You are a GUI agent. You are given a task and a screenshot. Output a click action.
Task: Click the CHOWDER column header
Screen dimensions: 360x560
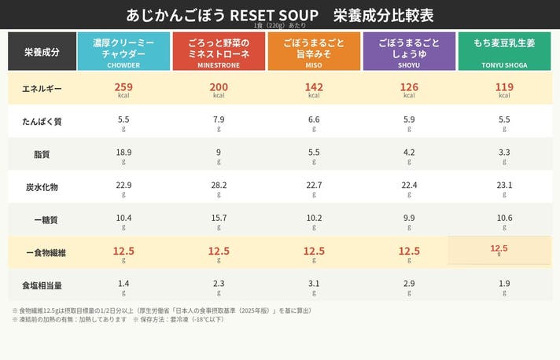point(123,51)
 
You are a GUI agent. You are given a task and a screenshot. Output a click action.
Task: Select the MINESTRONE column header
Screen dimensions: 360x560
point(219,51)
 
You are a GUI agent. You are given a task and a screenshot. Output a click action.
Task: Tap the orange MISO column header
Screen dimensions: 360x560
point(314,51)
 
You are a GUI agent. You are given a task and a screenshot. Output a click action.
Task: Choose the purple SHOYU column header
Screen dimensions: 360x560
point(409,51)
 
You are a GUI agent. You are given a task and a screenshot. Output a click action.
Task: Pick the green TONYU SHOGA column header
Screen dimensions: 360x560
point(504,51)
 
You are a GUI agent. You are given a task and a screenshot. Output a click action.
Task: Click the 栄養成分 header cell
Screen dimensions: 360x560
point(42,52)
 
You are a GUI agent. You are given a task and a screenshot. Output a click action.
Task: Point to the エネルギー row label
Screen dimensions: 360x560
point(42,88)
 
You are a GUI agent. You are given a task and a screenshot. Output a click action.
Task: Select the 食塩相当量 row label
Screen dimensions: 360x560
point(42,285)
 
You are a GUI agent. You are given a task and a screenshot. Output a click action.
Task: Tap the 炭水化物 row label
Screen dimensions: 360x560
point(42,187)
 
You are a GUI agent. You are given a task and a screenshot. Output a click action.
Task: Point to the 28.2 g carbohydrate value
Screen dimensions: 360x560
point(219,186)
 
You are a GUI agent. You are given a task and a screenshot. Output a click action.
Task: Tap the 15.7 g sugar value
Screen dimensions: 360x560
point(219,219)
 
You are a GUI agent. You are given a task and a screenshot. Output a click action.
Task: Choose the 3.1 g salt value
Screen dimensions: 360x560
point(314,285)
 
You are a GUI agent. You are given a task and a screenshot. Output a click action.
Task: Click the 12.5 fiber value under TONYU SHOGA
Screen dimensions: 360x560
point(499,249)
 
